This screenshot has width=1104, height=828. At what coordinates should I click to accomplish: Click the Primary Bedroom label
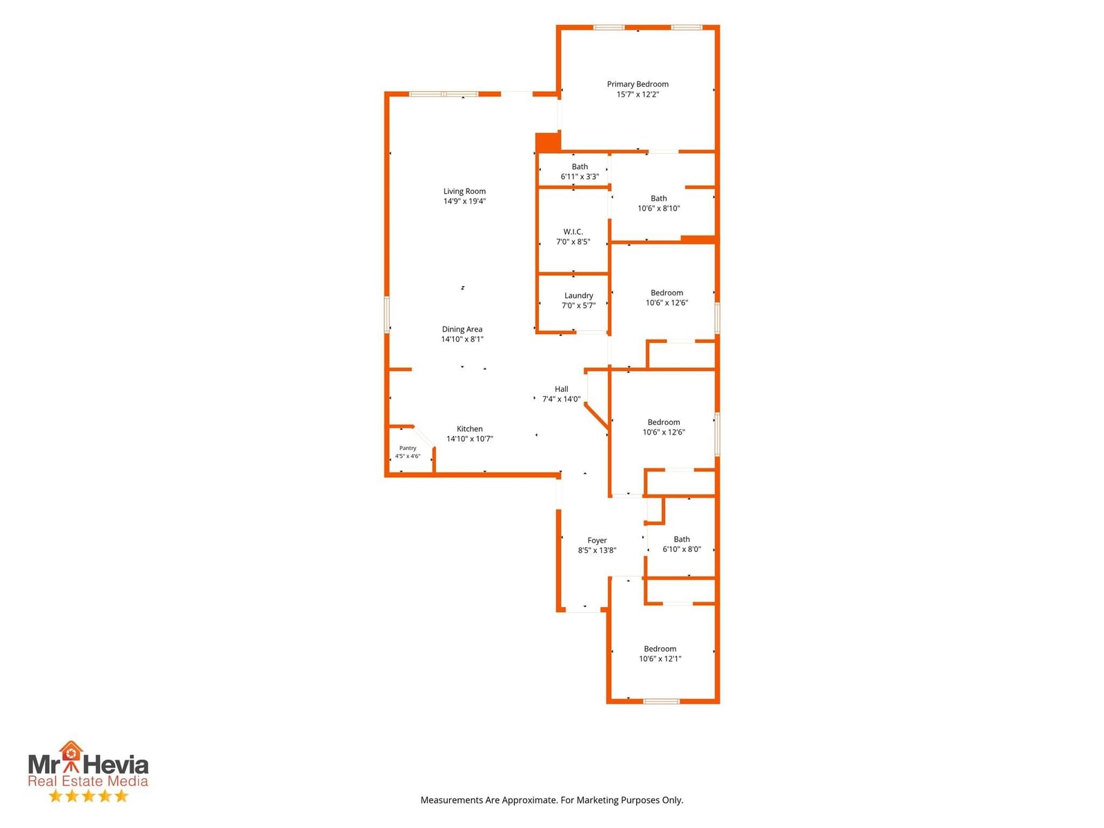(x=638, y=84)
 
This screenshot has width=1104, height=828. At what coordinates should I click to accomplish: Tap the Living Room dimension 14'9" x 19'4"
(x=464, y=201)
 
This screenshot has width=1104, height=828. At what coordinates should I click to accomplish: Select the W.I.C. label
(x=573, y=232)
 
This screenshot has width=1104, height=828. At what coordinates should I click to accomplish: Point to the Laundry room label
(x=578, y=295)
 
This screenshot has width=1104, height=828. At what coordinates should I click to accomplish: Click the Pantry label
(x=407, y=448)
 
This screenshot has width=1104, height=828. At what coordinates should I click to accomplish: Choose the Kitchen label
(x=469, y=428)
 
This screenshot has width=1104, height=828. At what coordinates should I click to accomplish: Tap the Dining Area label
(x=462, y=329)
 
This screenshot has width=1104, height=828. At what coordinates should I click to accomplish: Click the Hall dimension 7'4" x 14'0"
(x=561, y=400)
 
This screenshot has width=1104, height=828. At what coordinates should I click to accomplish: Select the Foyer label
(x=597, y=540)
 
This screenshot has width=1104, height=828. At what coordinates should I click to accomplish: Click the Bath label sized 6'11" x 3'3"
(x=580, y=166)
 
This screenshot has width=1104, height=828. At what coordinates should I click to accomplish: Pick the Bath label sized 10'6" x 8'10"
(x=658, y=199)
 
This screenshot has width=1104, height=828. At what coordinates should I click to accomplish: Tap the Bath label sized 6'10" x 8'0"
(x=682, y=540)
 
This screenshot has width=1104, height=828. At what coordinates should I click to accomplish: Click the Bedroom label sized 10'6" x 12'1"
(x=660, y=649)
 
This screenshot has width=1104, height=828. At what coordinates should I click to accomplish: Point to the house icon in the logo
(x=71, y=752)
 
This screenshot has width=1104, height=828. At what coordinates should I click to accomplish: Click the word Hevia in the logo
(x=116, y=765)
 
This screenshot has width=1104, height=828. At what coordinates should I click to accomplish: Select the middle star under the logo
(x=88, y=796)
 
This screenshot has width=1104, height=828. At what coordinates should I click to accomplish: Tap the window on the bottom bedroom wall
(x=662, y=701)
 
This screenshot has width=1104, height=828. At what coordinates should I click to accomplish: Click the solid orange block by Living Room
(x=548, y=141)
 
